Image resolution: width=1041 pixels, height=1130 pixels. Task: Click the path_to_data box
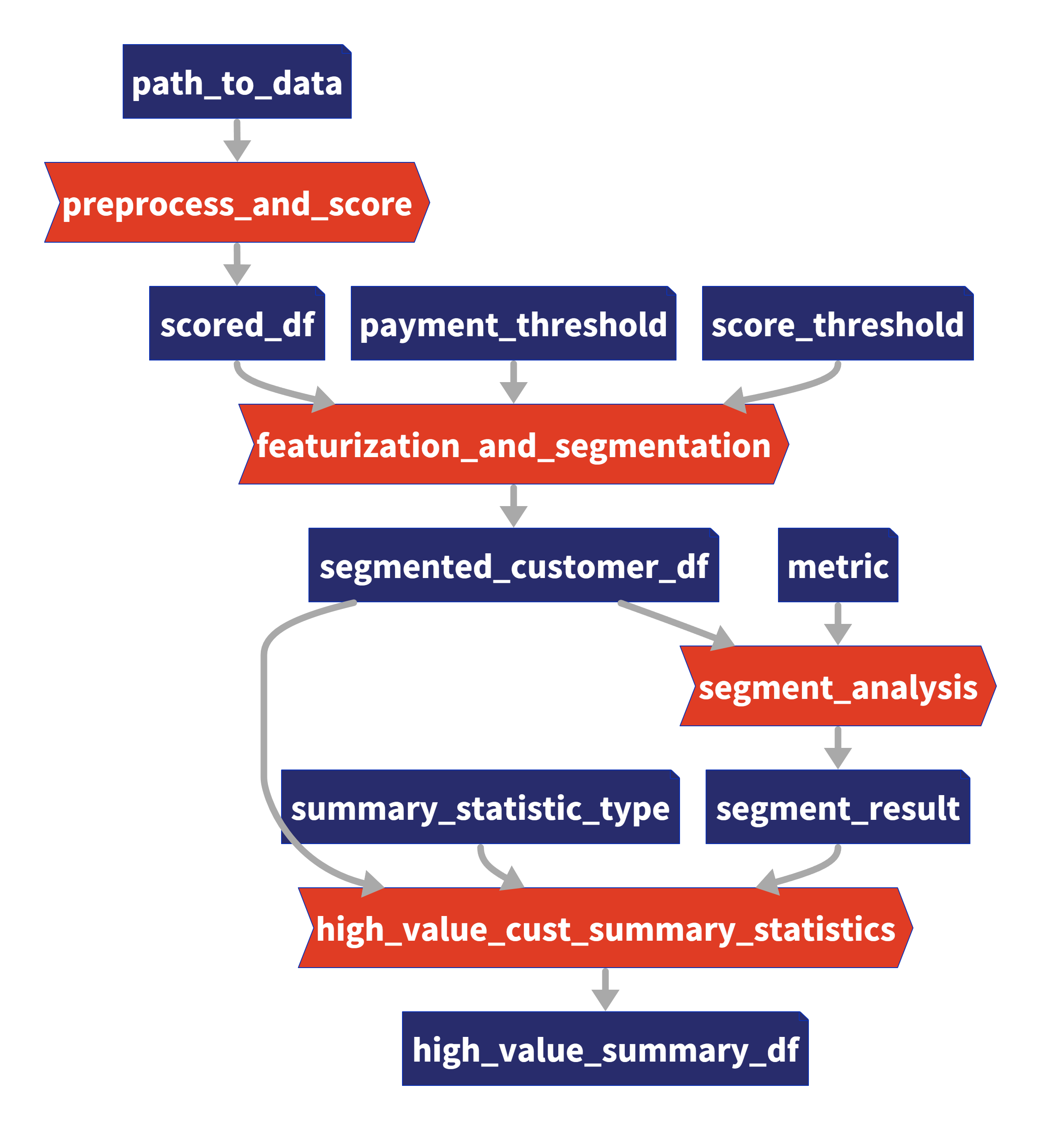[237, 81]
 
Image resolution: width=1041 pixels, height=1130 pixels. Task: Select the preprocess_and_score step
[237, 202]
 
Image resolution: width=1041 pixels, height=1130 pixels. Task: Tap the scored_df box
[237, 323]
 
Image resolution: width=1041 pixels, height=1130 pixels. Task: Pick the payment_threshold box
[513, 323]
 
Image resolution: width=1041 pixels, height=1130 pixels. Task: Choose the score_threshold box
[838, 323]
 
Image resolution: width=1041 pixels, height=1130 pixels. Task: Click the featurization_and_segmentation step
[514, 444]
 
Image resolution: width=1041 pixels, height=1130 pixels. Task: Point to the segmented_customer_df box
[514, 565]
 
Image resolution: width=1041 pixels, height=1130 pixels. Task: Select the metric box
[838, 565]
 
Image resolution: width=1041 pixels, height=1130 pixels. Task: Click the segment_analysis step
[838, 686]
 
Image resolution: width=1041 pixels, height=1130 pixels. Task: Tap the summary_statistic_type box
[481, 807]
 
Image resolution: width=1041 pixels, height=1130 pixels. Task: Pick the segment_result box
[838, 807]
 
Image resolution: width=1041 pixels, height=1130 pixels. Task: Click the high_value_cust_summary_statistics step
[605, 928]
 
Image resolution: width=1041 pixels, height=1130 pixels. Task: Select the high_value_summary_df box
[605, 1048]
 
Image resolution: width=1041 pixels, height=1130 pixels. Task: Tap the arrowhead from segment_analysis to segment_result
[838, 758]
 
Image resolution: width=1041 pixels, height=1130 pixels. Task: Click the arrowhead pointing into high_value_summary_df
[605, 1000]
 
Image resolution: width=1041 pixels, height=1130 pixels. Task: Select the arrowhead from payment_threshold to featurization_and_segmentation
[514, 393]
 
